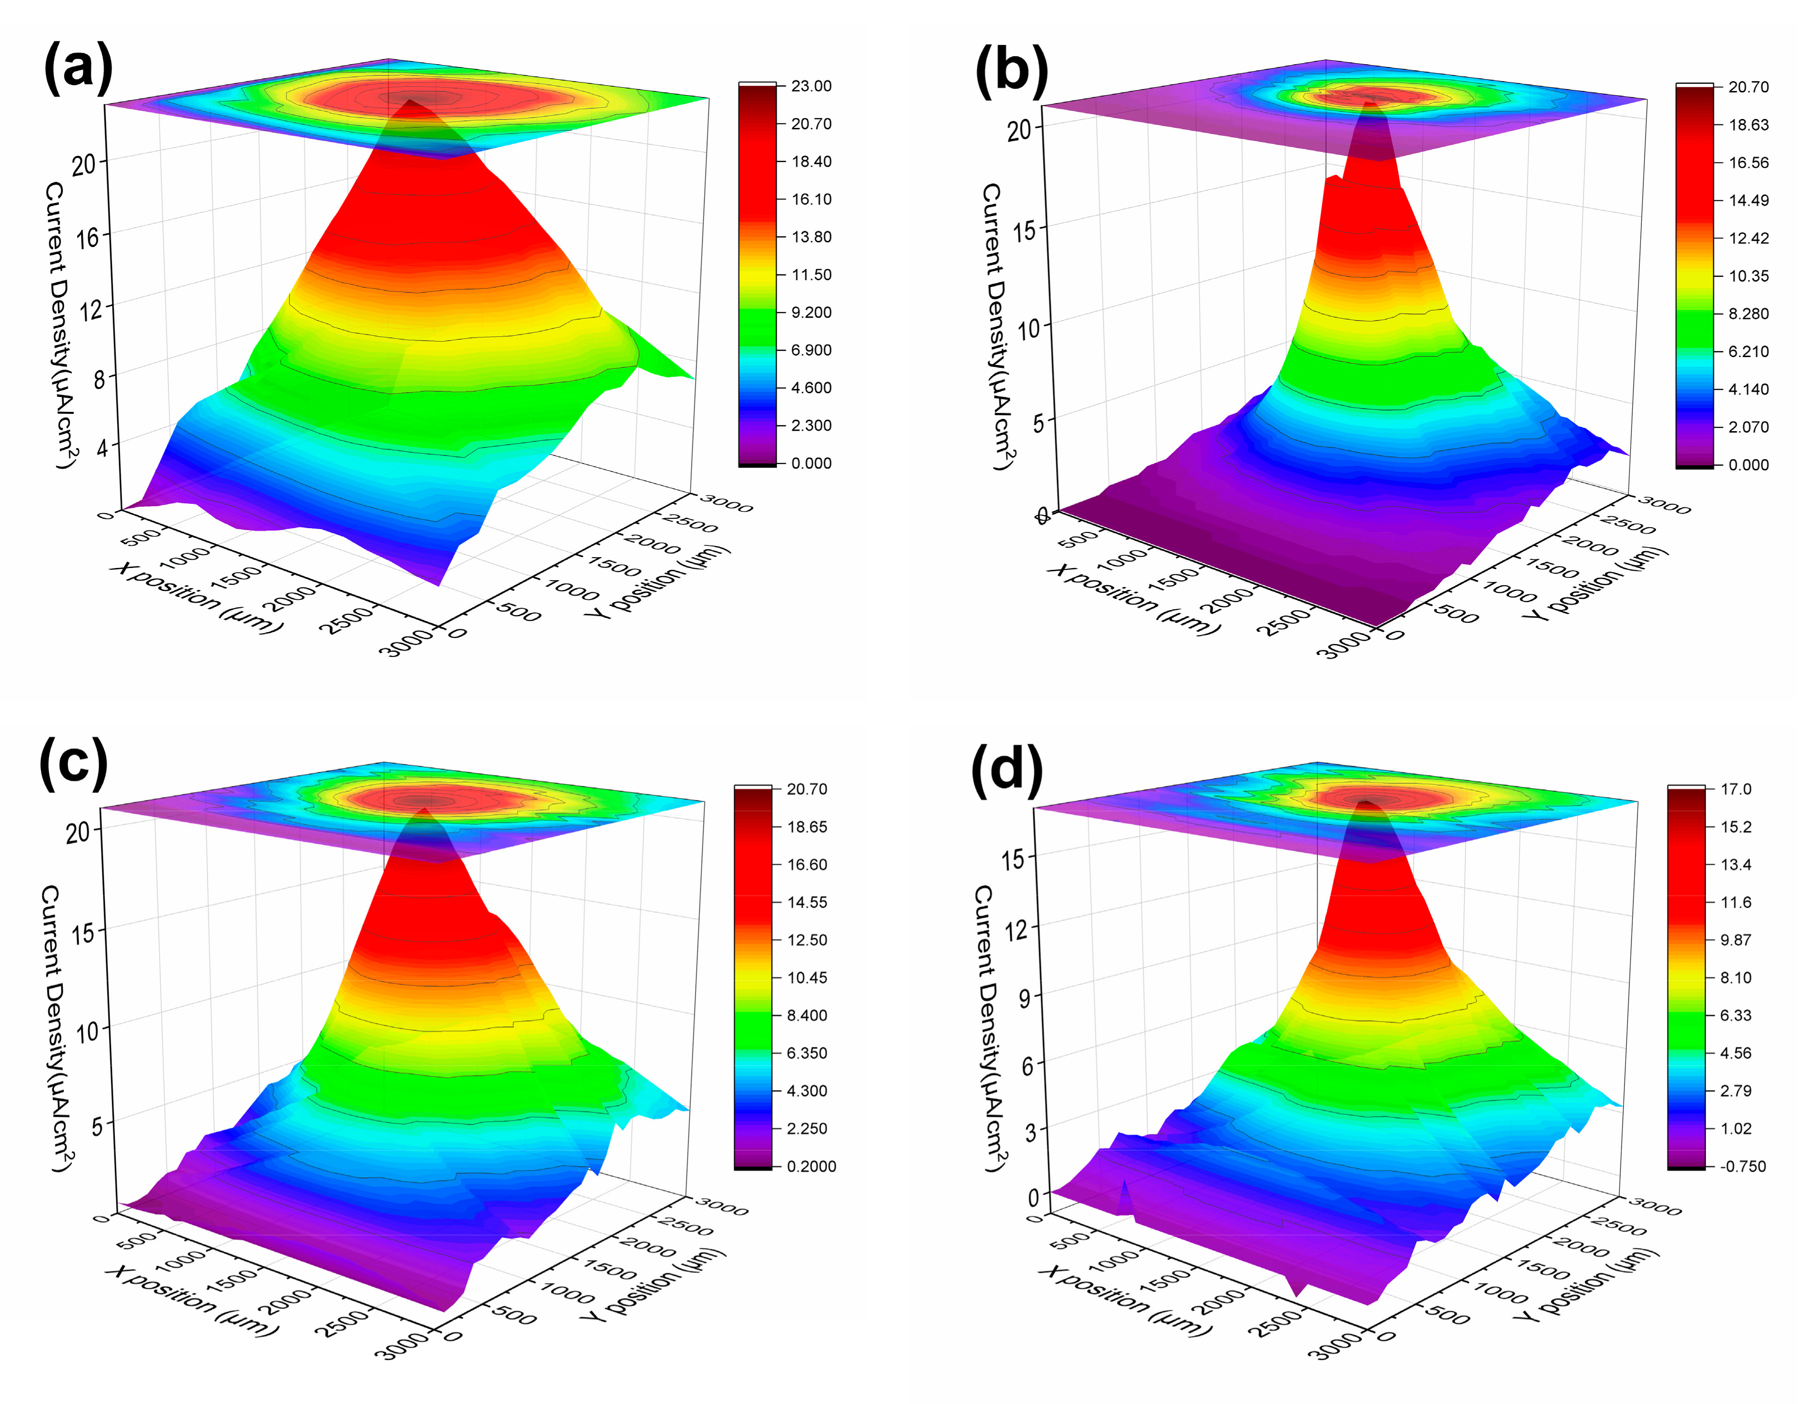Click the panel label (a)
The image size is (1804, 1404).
[78, 68]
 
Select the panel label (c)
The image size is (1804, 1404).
[74, 763]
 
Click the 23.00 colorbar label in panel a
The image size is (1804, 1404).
[811, 86]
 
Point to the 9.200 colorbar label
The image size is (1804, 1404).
[811, 312]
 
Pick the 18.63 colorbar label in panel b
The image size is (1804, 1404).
[1749, 125]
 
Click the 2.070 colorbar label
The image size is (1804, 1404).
[1749, 427]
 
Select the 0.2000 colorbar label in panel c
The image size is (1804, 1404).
[811, 1166]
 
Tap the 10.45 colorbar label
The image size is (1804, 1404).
[807, 978]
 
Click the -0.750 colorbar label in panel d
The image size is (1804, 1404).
[1743, 1166]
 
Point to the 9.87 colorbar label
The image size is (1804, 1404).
[1736, 940]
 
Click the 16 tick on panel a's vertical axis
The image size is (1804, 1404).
[88, 239]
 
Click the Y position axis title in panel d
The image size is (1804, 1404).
[1586, 1284]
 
